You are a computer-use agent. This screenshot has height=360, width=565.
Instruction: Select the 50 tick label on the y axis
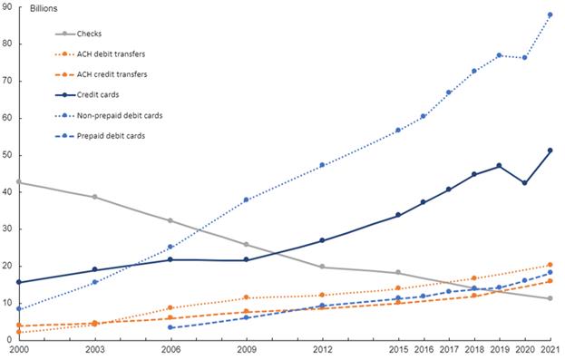click(7, 155)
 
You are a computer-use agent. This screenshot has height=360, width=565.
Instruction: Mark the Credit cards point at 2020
click(524, 183)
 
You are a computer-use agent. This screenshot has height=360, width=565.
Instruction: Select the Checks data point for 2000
click(19, 182)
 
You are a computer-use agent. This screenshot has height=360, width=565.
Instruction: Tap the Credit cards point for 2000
click(19, 282)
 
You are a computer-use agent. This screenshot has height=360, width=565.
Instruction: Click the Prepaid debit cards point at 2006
click(171, 327)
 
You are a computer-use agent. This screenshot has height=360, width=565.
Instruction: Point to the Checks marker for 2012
click(322, 267)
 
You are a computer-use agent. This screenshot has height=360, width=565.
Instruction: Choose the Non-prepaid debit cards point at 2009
click(247, 199)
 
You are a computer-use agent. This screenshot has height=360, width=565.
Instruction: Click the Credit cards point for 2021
click(550, 151)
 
